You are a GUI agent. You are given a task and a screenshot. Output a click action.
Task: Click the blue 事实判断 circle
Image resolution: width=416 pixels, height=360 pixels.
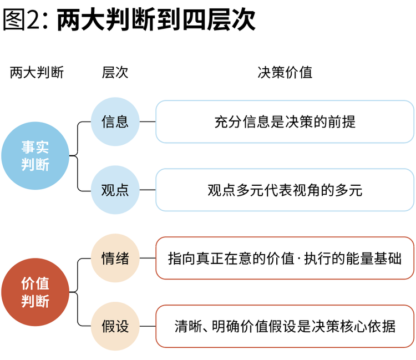35,156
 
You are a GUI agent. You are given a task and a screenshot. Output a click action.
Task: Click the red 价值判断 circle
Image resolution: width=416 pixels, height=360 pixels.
35,292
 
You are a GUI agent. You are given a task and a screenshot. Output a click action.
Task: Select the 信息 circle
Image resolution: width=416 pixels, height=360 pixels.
115,121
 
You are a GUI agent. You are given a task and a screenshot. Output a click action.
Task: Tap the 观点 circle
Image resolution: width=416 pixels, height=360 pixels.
115,190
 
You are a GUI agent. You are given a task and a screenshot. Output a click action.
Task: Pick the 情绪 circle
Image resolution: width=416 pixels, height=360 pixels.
115,258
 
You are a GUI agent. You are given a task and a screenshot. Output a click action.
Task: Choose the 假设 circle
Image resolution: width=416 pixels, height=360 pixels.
115,326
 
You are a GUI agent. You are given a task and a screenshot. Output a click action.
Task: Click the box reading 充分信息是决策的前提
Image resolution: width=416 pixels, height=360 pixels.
285,122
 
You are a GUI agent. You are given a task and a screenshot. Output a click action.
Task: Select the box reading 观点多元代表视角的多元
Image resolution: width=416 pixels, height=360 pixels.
285,190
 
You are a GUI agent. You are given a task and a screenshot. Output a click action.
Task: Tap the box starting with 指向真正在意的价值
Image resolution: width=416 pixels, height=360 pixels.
285,258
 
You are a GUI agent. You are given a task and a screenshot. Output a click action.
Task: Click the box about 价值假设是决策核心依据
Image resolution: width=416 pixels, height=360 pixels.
285,326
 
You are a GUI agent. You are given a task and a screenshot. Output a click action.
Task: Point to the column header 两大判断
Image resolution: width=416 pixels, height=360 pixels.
37,73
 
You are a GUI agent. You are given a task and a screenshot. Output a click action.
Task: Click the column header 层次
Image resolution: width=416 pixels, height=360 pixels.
115,73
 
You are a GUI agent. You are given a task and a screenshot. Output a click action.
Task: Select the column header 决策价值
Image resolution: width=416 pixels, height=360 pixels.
285,73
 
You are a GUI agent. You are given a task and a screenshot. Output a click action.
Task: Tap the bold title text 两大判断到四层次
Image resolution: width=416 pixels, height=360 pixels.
156,19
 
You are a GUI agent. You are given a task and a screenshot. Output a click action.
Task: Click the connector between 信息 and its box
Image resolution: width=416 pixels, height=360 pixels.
148,122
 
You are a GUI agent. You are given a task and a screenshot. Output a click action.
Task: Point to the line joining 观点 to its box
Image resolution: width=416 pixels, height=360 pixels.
148,190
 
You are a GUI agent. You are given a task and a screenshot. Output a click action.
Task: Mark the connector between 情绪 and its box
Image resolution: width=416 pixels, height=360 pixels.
148,258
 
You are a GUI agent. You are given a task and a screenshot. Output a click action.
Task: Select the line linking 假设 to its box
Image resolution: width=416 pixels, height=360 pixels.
148,326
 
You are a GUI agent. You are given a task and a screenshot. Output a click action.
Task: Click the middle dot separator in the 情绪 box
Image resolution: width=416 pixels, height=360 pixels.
299,258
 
